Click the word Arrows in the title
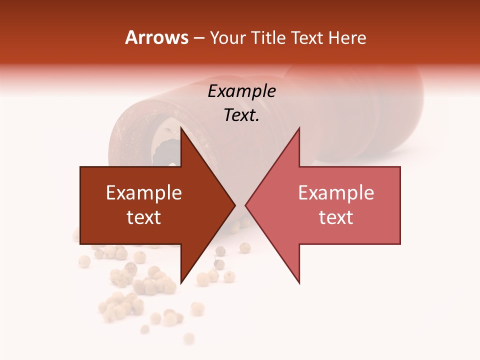156,38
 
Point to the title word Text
307,38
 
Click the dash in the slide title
198,38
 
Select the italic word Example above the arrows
241,91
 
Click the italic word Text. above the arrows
241,115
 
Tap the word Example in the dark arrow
144,193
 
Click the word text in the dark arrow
144,217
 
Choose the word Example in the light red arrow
336,193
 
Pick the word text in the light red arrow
336,217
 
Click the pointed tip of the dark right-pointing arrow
234,205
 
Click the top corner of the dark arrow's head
181,128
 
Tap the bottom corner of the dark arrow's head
181,282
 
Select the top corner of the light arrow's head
299,128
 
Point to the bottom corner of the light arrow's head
299,282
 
